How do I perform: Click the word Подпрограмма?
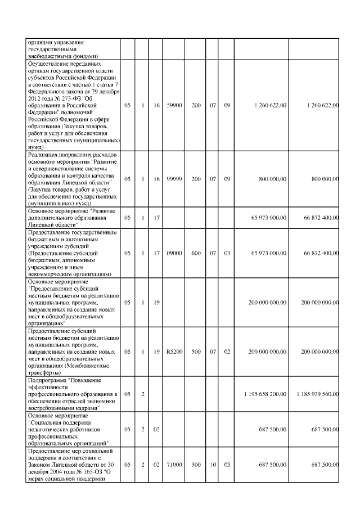[47, 381]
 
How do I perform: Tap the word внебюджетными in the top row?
[51, 56]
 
